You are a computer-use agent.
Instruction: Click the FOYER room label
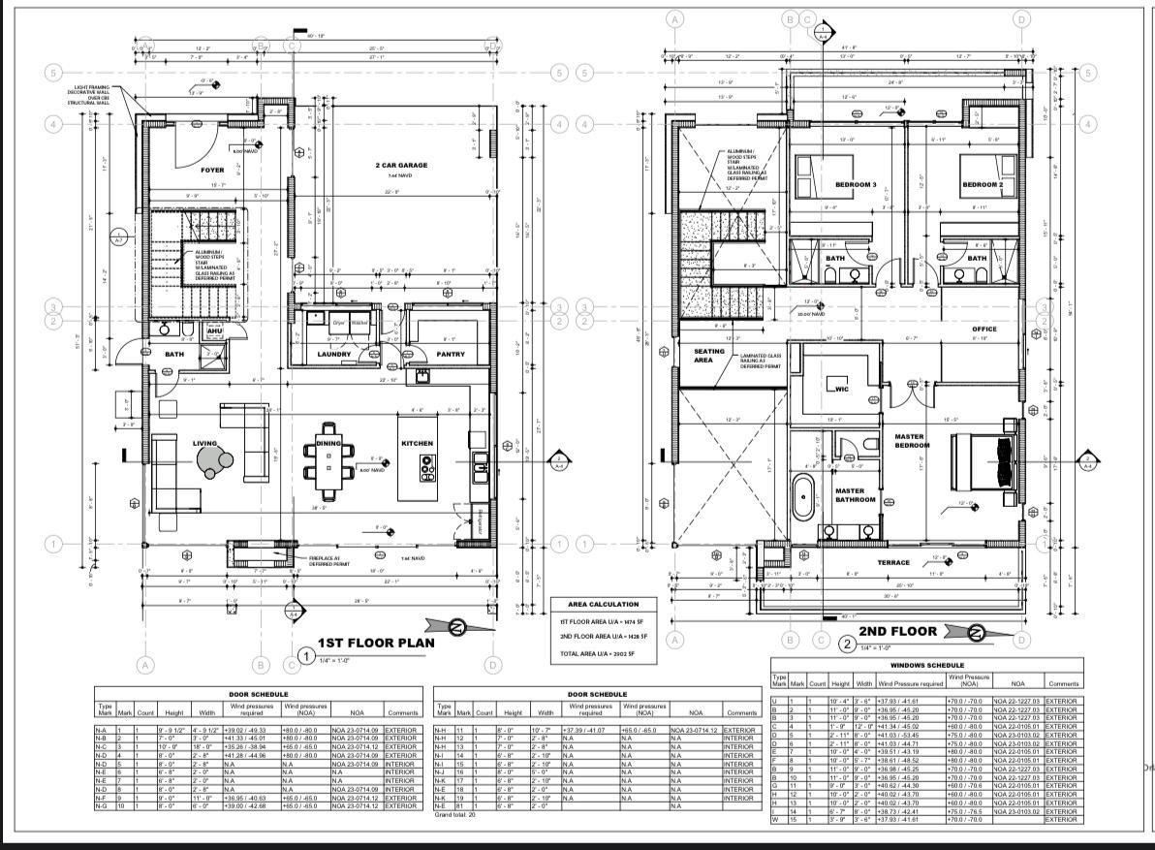[212, 170]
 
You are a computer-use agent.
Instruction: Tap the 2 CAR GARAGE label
[400, 166]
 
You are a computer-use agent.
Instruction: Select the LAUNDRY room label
[333, 355]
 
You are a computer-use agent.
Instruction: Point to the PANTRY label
[451, 355]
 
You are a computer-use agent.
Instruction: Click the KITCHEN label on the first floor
[417, 443]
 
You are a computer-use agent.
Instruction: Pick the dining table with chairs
[328, 458]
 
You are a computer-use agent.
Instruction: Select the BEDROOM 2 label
[981, 185]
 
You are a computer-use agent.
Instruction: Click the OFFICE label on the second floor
[983, 330]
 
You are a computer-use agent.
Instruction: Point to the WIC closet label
[842, 389]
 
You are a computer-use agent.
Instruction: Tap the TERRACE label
[893, 562]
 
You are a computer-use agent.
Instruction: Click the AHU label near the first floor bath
[215, 331]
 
